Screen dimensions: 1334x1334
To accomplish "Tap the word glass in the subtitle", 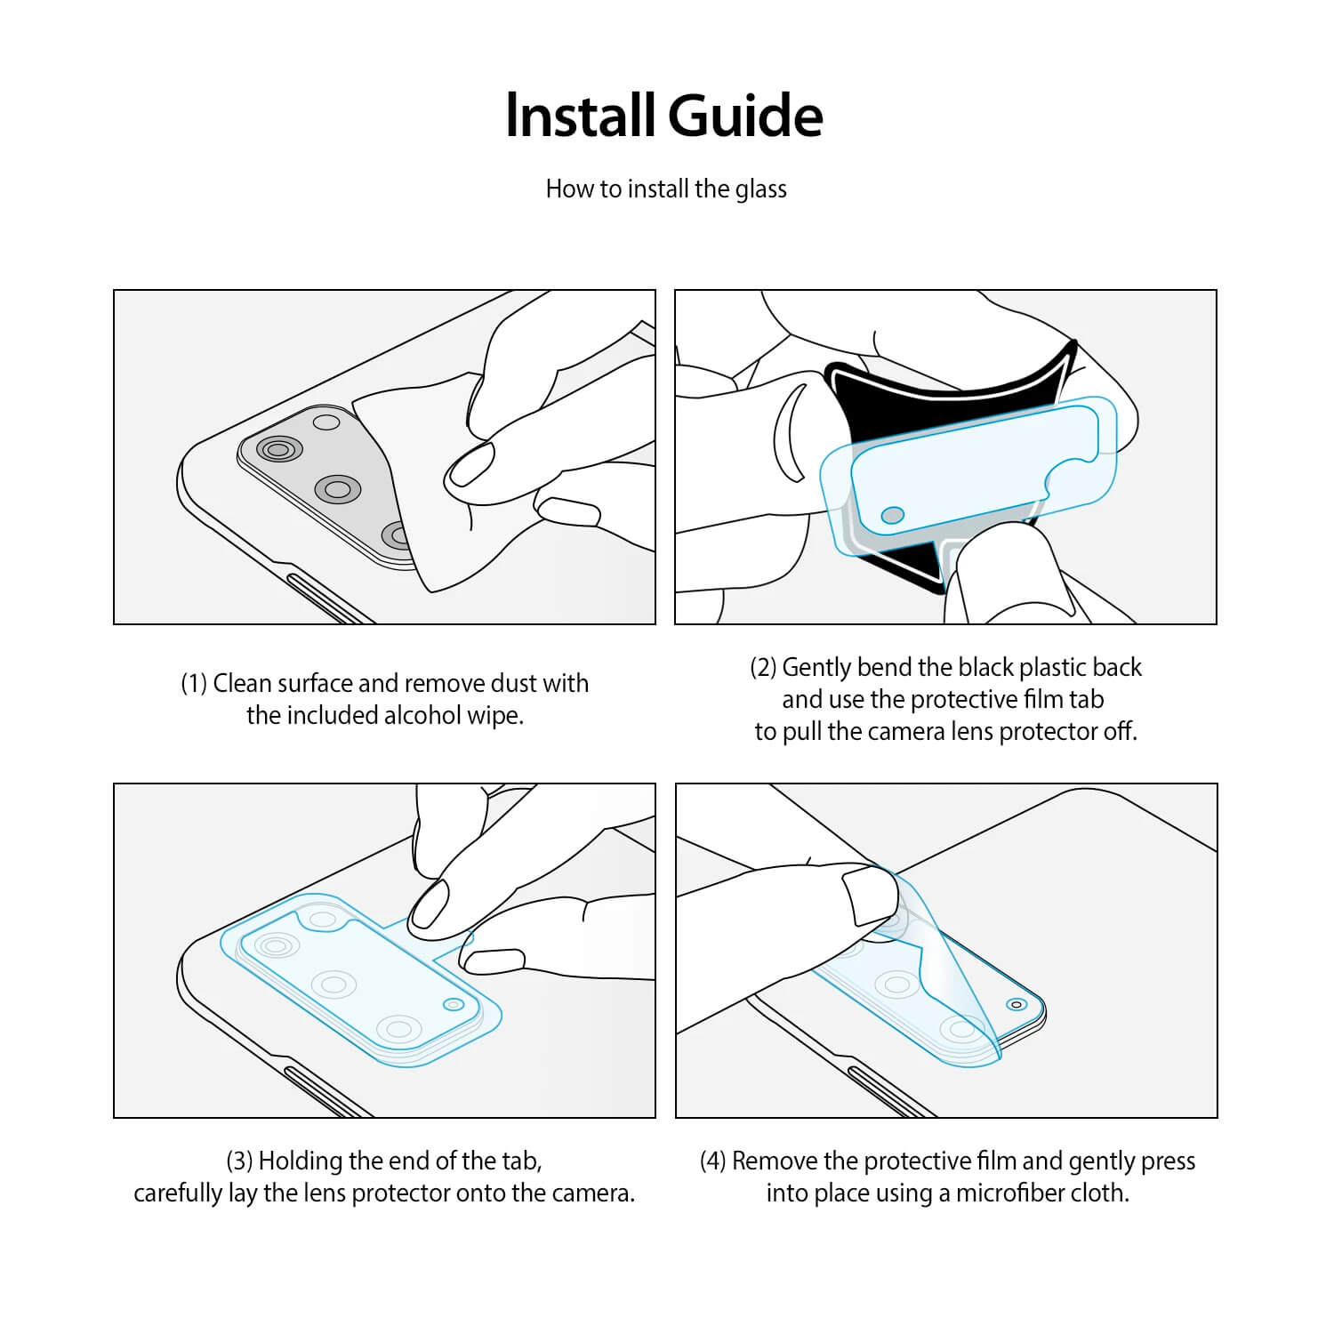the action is pos(761,189).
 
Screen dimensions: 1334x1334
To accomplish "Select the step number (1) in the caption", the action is pos(194,684).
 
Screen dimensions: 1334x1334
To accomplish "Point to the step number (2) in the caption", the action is pos(763,668).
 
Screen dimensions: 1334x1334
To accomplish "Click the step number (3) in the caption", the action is pos(239,1161).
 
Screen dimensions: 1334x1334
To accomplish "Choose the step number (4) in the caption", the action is pos(713,1161).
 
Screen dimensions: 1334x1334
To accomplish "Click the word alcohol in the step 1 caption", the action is pos(422,715).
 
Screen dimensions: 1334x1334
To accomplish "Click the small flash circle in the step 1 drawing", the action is pos(326,422).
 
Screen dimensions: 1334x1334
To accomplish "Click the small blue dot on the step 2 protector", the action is pos(892,515).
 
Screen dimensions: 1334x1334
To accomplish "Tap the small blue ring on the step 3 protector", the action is pos(454,1004).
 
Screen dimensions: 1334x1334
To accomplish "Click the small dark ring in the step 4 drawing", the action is pos(1016,1004).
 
